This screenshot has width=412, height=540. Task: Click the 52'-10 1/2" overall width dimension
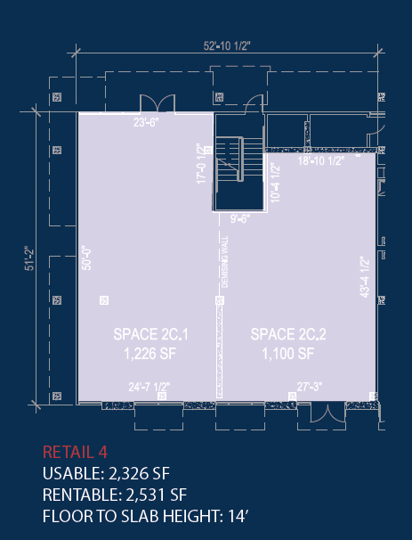click(227, 45)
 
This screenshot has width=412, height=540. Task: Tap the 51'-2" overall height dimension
click(29, 258)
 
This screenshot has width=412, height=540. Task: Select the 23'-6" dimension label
click(146, 122)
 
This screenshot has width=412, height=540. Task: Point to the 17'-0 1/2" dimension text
click(201, 164)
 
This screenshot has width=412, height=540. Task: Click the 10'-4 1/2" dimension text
click(275, 184)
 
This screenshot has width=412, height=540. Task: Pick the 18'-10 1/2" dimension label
click(321, 160)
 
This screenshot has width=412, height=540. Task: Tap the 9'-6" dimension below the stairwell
click(239, 218)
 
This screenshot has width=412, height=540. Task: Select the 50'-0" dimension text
click(87, 258)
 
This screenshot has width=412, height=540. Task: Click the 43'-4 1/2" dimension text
click(365, 277)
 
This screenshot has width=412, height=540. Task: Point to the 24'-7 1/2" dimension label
click(149, 387)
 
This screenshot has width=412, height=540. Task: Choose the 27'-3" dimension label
click(310, 387)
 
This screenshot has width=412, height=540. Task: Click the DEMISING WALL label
click(225, 262)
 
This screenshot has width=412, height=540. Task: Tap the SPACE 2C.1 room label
click(150, 334)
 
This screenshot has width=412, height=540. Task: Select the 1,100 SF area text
click(288, 354)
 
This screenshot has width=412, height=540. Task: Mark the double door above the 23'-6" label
click(158, 103)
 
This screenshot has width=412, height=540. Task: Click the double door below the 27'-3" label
click(328, 413)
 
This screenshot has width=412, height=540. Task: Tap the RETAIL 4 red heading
click(75, 452)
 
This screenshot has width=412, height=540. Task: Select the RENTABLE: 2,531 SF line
click(115, 495)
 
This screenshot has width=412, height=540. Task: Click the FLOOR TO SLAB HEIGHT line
click(145, 516)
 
